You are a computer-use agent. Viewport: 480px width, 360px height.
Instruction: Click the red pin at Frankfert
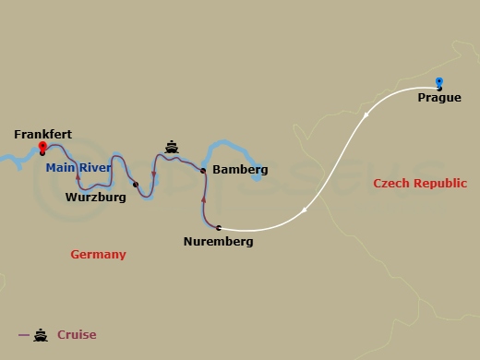[42, 147]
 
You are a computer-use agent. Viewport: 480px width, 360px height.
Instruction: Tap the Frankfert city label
[42, 134]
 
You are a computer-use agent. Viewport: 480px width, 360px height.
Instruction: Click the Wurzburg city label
[96, 197]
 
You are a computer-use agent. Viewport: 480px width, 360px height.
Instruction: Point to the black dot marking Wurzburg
[136, 185]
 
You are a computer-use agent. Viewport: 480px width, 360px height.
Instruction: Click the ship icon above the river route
[171, 146]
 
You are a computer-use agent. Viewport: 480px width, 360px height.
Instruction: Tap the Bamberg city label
[240, 170]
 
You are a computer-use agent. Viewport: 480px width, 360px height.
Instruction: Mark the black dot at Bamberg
[202, 170]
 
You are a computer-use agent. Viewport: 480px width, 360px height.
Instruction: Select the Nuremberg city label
[217, 242]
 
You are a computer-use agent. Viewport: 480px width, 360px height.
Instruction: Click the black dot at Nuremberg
[219, 227]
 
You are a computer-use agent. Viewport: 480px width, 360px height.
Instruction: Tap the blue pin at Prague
[438, 82]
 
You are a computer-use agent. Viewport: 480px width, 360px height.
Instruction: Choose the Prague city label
[439, 97]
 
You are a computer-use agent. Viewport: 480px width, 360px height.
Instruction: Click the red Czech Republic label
[420, 184]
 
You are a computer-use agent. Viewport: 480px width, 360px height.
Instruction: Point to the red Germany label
[98, 254]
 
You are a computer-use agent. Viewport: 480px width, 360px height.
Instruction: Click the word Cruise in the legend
[77, 335]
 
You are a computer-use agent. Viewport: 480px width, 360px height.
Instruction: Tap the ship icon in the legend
[41, 335]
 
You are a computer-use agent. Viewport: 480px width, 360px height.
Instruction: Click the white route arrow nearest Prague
[366, 115]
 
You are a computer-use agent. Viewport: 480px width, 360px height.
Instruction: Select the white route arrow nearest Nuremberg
[305, 210]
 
